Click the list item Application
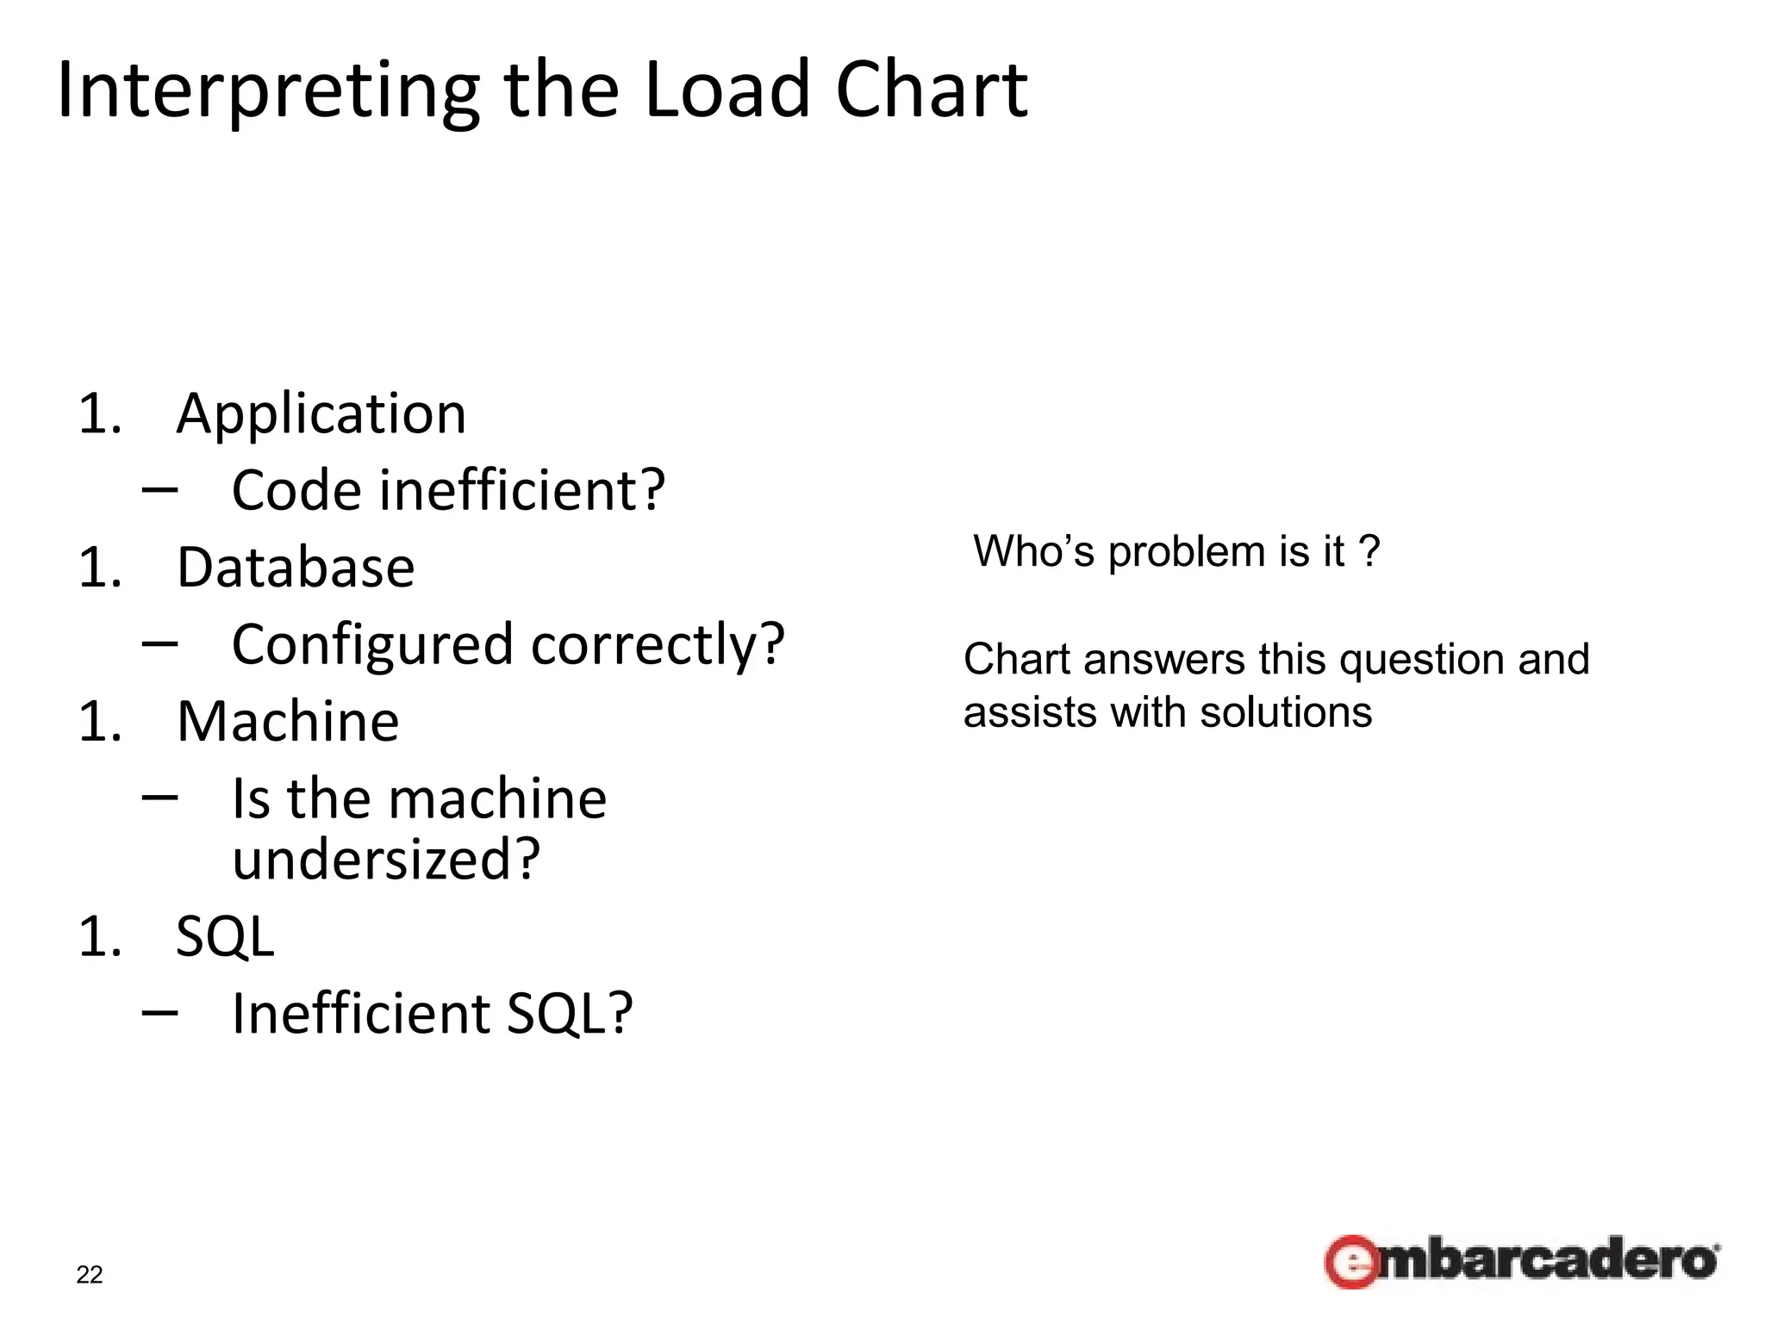tap(321, 415)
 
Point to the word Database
tap(296, 568)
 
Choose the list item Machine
tap(288, 722)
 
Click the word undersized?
tap(386, 860)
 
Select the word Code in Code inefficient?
tap(296, 491)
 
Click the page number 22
tap(90, 1275)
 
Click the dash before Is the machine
tap(160, 798)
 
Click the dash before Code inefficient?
tap(160, 489)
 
